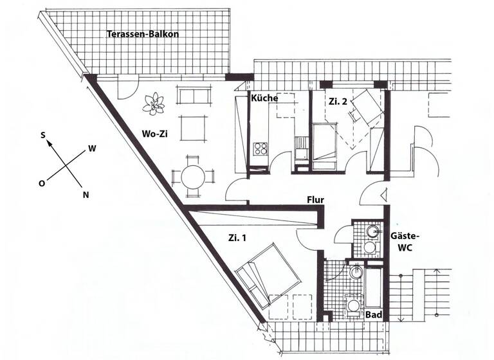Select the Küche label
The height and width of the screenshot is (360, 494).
264,98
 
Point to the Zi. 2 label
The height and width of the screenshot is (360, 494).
338,101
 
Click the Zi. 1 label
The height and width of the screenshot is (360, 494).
237,237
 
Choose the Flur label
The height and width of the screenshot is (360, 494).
315,199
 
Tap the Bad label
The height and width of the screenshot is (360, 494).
373,315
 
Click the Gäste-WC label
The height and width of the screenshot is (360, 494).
401,243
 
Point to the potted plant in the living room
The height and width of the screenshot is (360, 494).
154,103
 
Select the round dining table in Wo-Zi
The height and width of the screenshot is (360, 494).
192,175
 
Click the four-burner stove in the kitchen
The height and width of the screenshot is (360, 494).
261,149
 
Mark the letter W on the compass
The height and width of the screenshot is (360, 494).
92,148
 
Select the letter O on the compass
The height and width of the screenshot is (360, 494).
42,183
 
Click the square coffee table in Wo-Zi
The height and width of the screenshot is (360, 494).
193,127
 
